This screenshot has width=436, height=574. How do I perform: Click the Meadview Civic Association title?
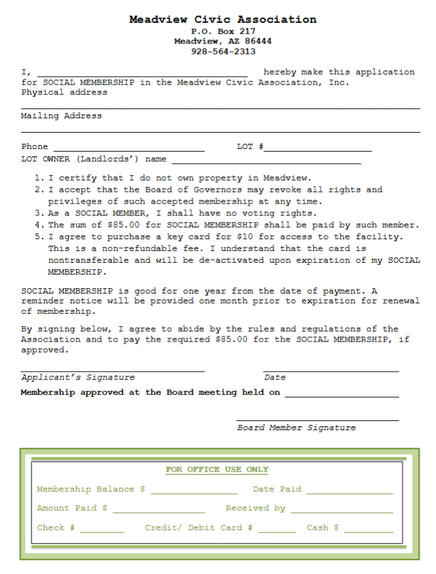tap(222, 20)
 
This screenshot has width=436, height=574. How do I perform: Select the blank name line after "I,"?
tap(142, 72)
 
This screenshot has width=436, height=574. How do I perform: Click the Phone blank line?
tap(129, 147)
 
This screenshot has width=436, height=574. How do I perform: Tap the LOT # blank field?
tap(318, 147)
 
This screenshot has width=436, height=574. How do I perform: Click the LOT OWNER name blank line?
tap(266, 159)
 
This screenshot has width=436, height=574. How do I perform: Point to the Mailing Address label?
tap(62, 116)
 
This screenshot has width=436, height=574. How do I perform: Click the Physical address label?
tap(64, 93)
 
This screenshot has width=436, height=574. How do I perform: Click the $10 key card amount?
tap(244, 236)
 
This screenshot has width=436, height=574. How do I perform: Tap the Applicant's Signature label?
tap(78, 378)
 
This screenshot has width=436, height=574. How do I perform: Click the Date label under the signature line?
tap(275, 378)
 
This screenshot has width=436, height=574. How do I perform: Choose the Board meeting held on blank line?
tap(342, 393)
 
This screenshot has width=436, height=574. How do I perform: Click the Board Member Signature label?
tap(296, 428)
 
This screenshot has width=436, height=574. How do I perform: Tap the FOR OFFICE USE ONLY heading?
tap(217, 470)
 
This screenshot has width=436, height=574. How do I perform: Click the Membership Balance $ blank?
tap(193, 489)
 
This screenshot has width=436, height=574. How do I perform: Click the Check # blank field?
tap(102, 528)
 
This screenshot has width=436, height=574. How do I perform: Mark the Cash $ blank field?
tap(368, 528)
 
